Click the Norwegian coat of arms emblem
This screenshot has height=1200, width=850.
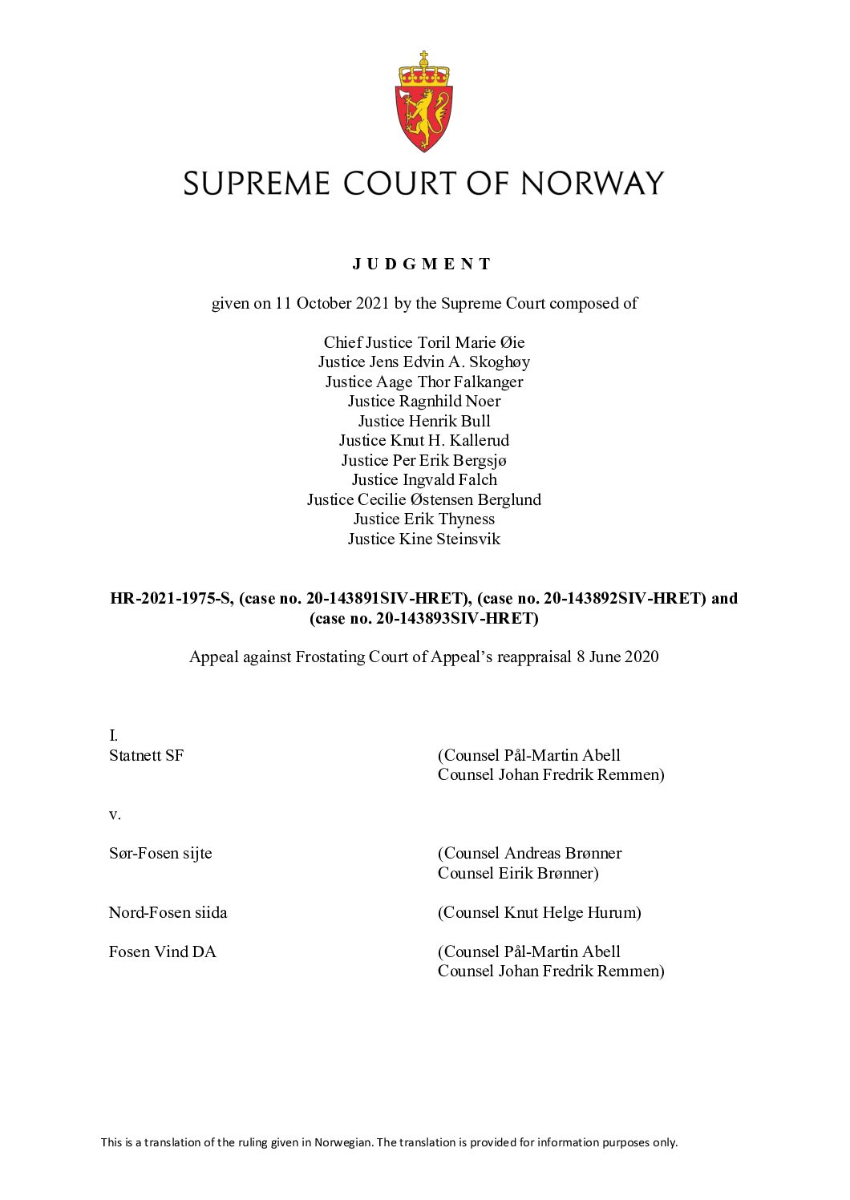coord(424,102)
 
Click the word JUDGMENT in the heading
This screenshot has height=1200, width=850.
coord(423,264)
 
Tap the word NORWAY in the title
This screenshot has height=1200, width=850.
coord(593,184)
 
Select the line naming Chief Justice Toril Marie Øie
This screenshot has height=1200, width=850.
coord(424,342)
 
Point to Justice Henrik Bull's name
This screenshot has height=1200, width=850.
coord(424,421)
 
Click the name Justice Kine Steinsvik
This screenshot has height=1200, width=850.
coord(424,539)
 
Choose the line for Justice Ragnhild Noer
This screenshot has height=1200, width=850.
coord(424,401)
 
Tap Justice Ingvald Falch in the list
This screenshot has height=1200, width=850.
coord(424,479)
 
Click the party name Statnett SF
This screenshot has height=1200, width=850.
coord(147,755)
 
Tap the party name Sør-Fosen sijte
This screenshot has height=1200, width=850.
coord(160,853)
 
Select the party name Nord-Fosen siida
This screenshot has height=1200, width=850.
coord(168,912)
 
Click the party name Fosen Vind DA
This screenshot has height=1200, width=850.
coord(163,952)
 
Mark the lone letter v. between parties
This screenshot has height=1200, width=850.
coord(115,814)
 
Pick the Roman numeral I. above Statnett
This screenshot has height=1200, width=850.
coord(113,735)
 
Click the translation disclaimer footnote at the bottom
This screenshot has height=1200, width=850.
coord(389,1142)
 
